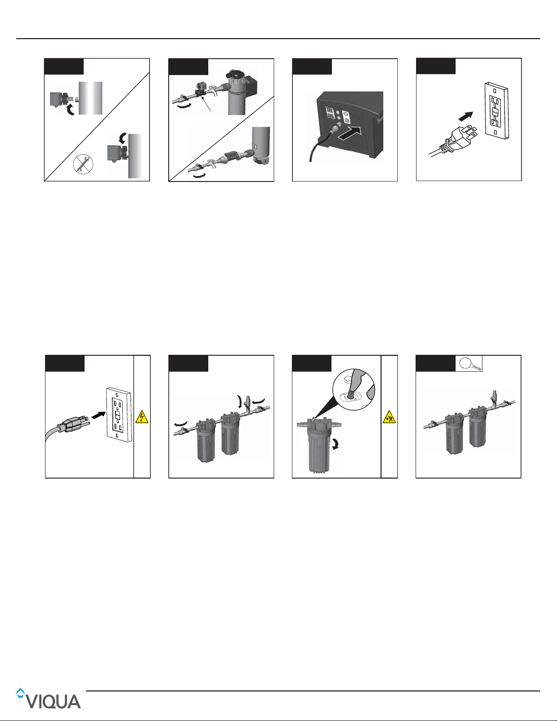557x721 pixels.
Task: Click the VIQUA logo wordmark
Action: click(53, 702)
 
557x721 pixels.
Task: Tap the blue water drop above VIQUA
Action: click(20, 693)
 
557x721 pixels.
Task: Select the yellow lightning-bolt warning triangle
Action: click(142, 417)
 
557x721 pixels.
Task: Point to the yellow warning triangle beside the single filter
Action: click(389, 417)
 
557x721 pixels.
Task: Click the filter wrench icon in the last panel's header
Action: click(468, 364)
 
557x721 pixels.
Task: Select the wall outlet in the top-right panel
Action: click(497, 111)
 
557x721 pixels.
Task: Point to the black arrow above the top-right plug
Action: click(466, 116)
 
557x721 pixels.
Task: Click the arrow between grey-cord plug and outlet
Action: click(99, 415)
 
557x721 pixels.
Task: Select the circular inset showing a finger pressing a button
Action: click(354, 389)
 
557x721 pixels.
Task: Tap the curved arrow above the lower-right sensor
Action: click(123, 138)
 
